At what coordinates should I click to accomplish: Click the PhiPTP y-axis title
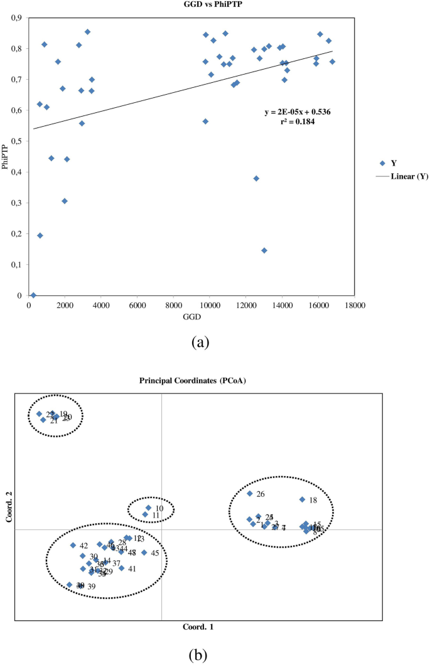pos(6,157)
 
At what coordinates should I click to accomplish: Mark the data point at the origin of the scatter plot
pos(33,295)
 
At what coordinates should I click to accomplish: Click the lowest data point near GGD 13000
pos(264,250)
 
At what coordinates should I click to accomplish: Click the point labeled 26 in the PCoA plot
pos(249,494)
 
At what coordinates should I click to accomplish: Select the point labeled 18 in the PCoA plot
pos(302,499)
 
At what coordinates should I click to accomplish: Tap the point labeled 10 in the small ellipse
pos(148,508)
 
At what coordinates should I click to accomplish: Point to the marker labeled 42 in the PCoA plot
pos(73,545)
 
